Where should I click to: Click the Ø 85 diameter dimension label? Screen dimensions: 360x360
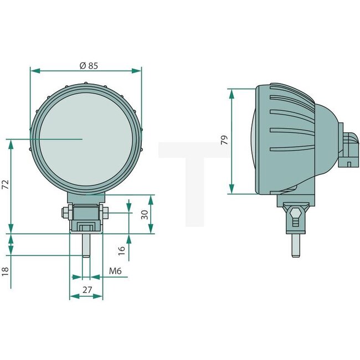point(89,65)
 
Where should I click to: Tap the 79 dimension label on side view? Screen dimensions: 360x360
point(224,140)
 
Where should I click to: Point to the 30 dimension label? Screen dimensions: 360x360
point(146,214)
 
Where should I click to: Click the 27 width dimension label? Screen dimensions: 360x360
point(86,289)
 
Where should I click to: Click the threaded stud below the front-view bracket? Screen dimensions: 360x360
point(86,246)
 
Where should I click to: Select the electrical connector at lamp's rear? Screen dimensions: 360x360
point(349,150)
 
